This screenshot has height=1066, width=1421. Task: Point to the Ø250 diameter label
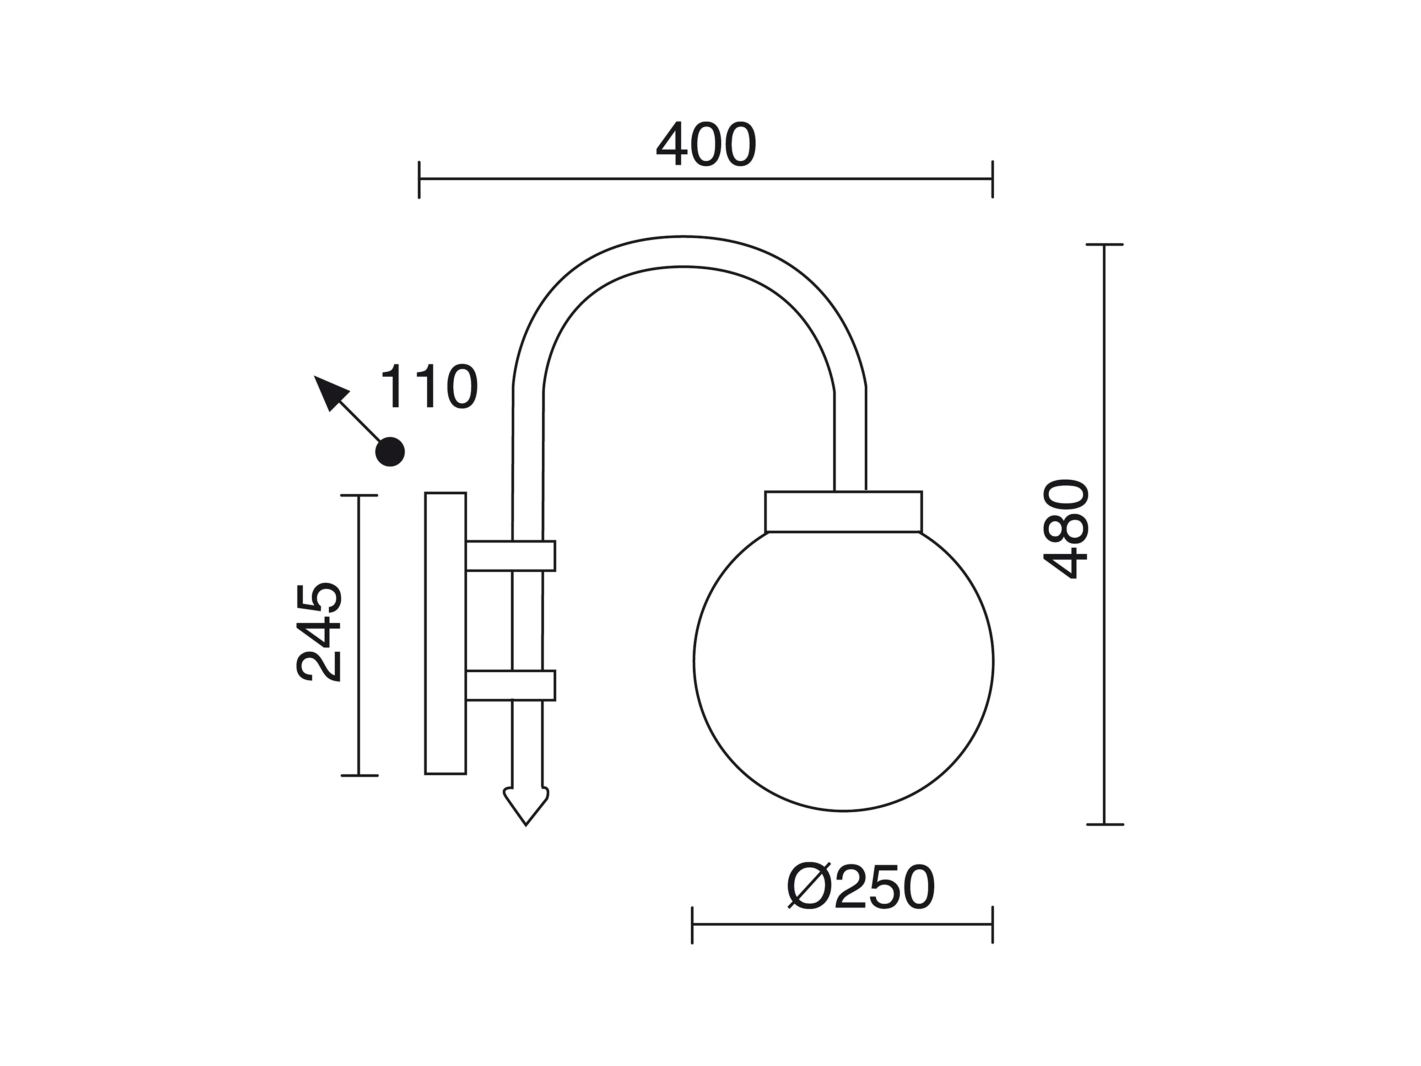tap(861, 887)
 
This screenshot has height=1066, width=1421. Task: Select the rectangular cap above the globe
tap(843, 512)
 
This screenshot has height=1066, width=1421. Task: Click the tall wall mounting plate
tap(445, 633)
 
